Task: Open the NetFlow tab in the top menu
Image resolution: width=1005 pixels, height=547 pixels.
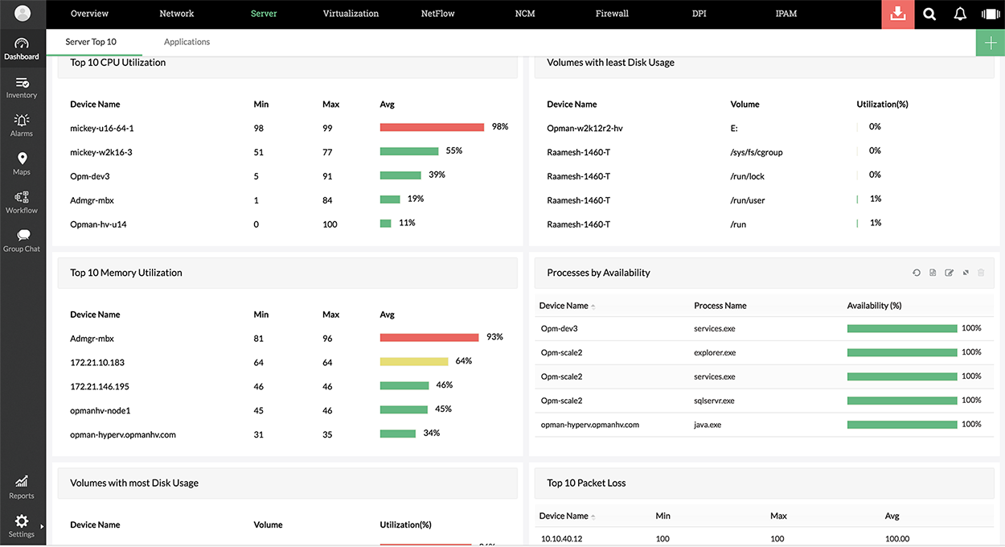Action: (437, 14)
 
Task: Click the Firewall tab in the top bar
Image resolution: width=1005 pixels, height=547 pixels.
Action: (612, 14)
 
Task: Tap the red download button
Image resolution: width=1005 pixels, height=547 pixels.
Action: (898, 14)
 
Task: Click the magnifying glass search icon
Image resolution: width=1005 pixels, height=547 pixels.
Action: (929, 14)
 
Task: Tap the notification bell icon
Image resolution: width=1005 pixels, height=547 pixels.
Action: (960, 14)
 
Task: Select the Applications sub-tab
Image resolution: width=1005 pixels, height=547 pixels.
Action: (187, 42)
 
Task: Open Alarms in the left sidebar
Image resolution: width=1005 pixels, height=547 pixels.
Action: (22, 125)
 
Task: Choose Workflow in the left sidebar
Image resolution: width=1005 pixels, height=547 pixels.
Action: (22, 202)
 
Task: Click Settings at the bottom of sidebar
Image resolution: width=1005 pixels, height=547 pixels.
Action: (22, 526)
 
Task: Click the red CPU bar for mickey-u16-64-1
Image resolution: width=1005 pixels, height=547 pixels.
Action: (432, 127)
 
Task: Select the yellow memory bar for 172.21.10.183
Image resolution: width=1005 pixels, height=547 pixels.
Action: (414, 362)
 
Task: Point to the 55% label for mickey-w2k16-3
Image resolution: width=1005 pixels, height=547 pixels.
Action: (453, 150)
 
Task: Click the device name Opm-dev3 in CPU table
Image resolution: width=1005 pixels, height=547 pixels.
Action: (89, 176)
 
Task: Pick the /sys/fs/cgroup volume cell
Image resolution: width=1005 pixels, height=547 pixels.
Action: (756, 152)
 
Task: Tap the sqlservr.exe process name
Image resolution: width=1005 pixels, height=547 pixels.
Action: (714, 401)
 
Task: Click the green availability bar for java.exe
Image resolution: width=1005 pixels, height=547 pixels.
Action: (902, 425)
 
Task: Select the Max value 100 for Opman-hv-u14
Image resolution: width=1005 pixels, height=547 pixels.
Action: (330, 224)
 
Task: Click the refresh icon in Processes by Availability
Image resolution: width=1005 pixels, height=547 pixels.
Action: (917, 273)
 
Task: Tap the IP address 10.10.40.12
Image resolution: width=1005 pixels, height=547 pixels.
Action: (561, 539)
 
